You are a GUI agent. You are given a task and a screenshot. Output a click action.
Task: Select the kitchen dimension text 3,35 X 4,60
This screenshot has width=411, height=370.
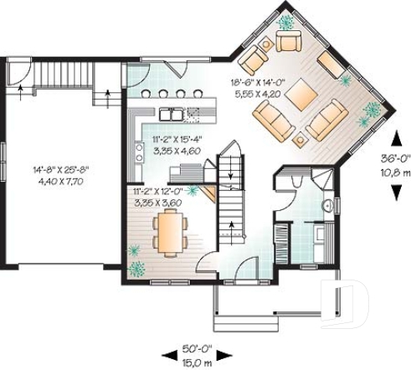point(177,151)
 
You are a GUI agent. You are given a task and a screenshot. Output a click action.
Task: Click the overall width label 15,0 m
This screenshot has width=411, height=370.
point(196,362)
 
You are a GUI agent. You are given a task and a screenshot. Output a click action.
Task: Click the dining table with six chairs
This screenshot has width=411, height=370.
point(170,230)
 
